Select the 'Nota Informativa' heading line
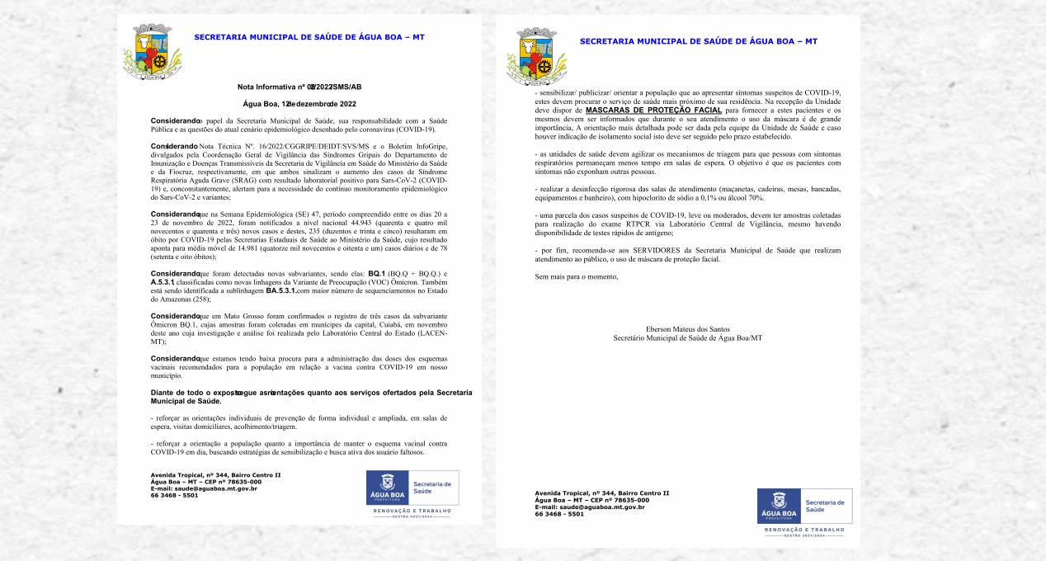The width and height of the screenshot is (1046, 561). pos(299,87)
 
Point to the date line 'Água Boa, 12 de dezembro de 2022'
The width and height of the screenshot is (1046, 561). pos(299,104)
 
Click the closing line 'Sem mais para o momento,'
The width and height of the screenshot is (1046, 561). pos(577,276)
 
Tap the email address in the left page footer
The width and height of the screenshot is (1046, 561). pos(204,488)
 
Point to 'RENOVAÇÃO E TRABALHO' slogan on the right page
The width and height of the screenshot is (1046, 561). pos(804,529)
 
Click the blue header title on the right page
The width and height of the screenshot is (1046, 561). pos(698,40)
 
